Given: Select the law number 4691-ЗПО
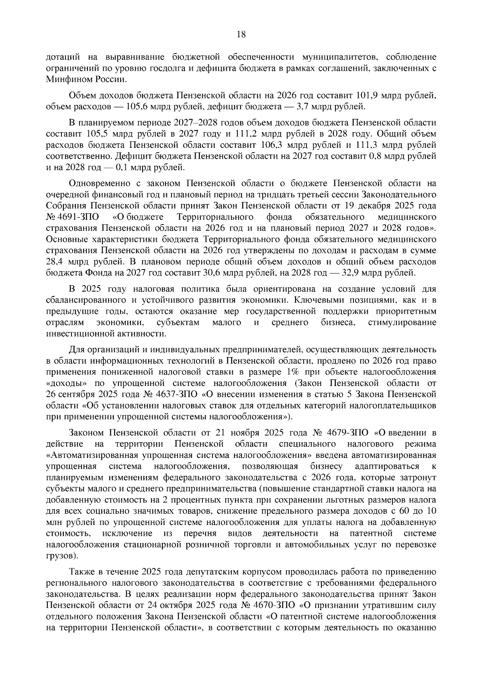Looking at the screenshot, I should coord(78,217).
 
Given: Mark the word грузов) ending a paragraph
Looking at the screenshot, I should coord(61,556).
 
